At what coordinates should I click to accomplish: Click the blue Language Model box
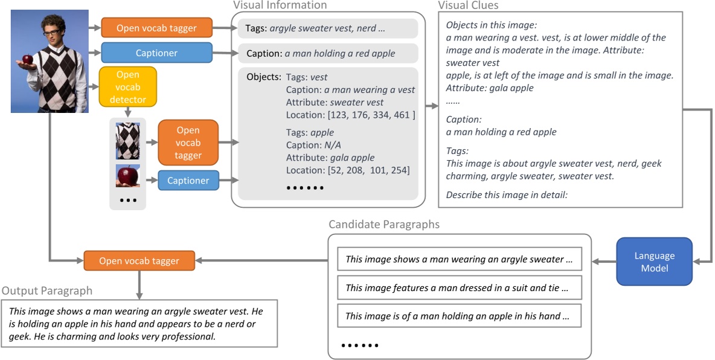[655, 262]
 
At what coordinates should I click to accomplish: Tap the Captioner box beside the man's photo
[156, 53]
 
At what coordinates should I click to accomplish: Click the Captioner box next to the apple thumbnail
[188, 181]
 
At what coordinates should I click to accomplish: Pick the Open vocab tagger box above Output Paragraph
[139, 261]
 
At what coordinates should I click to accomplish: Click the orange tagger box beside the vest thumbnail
[188, 143]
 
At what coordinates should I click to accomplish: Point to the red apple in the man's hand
[27, 59]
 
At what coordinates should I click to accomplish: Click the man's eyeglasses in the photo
[51, 31]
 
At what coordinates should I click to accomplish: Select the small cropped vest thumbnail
[128, 141]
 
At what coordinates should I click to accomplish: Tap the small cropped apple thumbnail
[128, 176]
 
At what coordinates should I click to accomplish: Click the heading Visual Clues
[468, 5]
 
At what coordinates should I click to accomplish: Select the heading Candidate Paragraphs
[384, 225]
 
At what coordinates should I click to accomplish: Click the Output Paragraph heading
[47, 291]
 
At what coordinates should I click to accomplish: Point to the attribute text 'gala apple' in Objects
[352, 158]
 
